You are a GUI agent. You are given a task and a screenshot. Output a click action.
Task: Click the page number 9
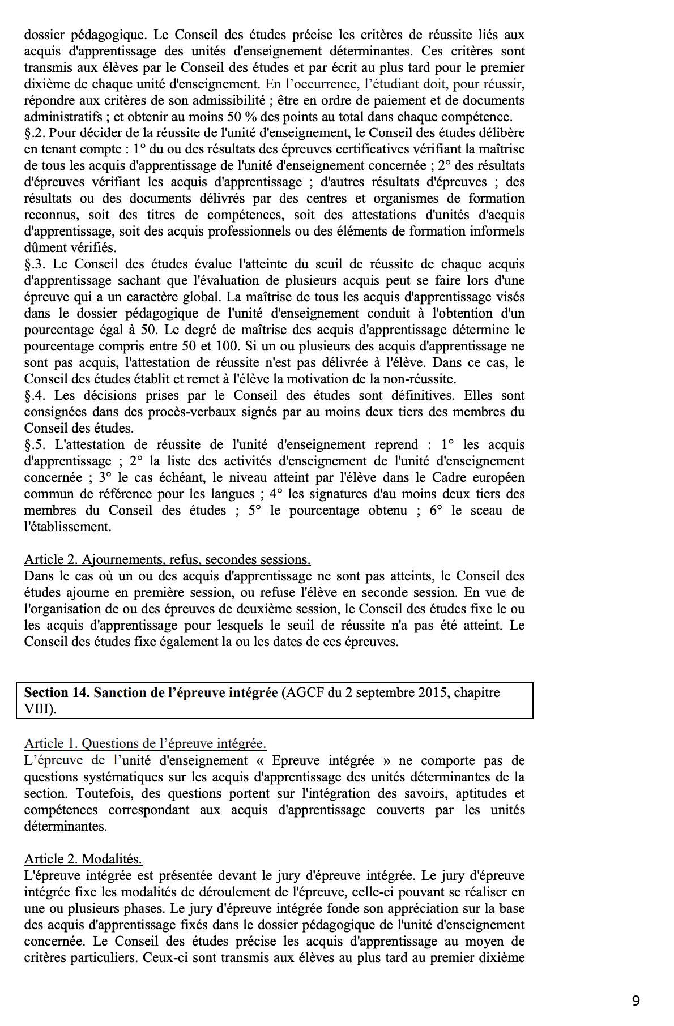(x=635, y=1001)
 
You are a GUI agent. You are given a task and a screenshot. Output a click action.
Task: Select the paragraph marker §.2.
(x=35, y=133)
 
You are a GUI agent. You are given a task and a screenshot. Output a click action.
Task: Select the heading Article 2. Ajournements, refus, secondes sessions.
(x=167, y=559)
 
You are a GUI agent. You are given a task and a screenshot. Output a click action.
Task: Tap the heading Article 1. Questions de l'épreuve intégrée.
(x=145, y=743)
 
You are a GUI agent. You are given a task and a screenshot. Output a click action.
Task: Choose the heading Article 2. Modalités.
(x=83, y=859)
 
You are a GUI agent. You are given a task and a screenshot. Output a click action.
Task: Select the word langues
(x=229, y=494)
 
